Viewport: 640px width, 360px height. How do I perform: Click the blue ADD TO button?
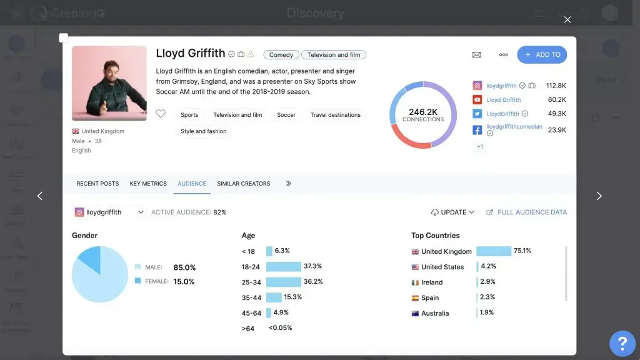tap(542, 55)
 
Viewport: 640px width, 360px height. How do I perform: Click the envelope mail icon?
tap(476, 55)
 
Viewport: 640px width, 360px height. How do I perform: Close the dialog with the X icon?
tap(567, 20)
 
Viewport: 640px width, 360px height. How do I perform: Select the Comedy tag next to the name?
tap(281, 55)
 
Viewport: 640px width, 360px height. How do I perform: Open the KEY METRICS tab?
tap(148, 184)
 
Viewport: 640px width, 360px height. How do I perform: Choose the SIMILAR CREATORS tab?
tap(243, 184)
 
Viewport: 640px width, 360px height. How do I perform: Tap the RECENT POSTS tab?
tap(97, 184)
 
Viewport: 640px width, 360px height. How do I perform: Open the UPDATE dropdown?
tap(453, 212)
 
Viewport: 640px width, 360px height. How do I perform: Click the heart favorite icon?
tap(161, 114)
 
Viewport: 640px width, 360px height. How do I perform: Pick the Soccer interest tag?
tap(286, 115)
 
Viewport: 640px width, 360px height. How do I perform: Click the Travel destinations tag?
tap(335, 115)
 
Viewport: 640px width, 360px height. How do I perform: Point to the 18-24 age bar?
tap(284, 266)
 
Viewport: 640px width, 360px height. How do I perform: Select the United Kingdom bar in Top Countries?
tap(494, 251)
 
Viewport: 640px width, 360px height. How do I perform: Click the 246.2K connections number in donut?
tap(423, 112)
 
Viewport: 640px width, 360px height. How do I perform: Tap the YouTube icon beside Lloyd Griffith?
tap(477, 100)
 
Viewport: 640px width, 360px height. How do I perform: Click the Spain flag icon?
tap(415, 298)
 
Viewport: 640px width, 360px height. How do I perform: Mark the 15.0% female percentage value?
tap(183, 282)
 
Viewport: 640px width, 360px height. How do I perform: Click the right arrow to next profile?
tap(599, 196)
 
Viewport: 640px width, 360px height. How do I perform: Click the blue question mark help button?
tap(622, 342)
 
